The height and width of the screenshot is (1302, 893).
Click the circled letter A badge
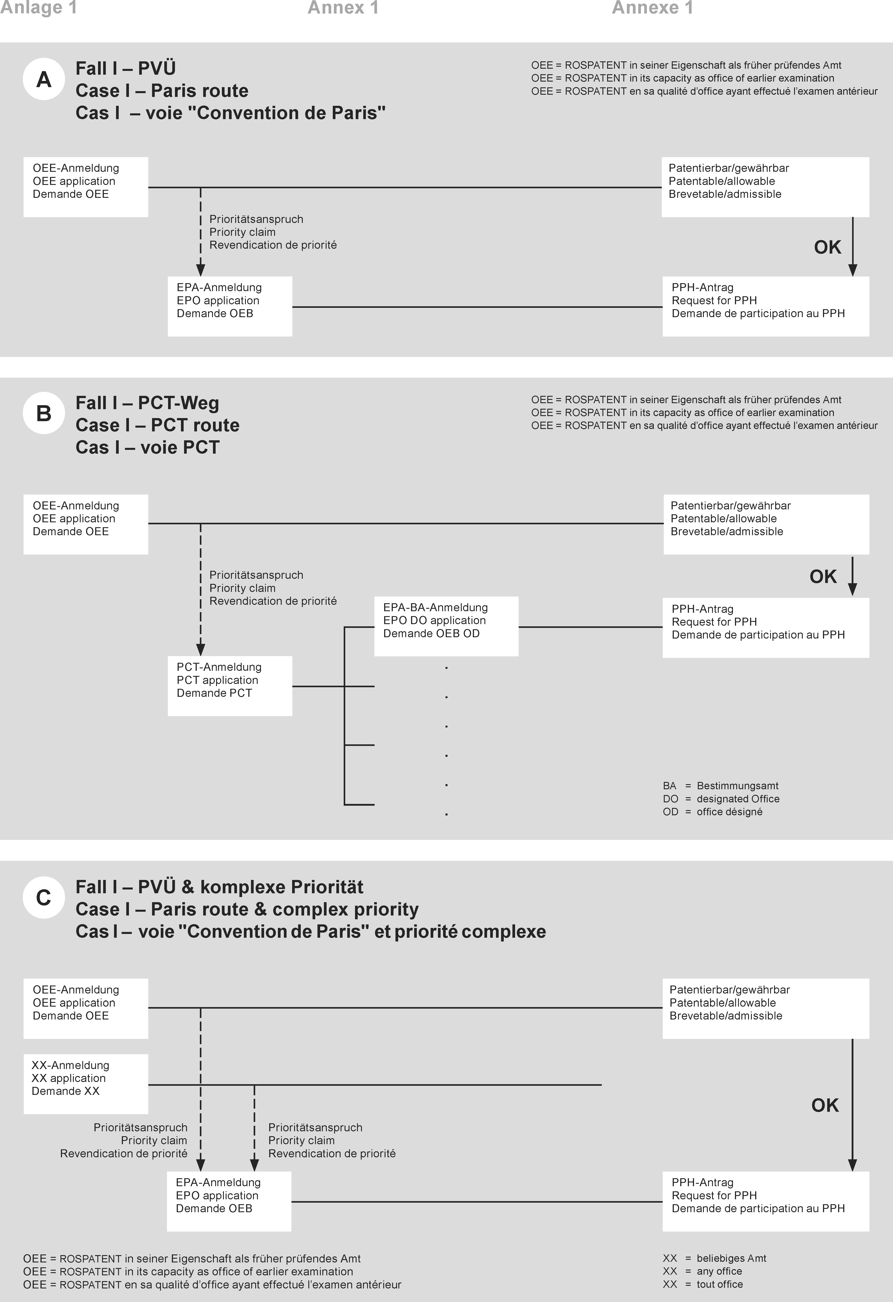(x=44, y=80)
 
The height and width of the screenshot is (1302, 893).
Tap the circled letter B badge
(x=44, y=413)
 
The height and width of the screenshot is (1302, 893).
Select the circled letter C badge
(x=44, y=897)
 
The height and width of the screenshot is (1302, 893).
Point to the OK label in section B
(x=822, y=577)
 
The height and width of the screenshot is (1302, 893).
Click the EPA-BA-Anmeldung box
(x=446, y=626)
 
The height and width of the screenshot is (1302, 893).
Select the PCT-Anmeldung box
(x=230, y=686)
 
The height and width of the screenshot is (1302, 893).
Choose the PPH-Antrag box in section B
(x=765, y=627)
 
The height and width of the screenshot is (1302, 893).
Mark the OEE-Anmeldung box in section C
(x=86, y=1008)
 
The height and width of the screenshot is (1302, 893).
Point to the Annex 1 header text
(x=343, y=8)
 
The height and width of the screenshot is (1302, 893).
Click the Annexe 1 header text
(x=652, y=8)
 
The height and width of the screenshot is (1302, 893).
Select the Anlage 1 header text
(x=38, y=8)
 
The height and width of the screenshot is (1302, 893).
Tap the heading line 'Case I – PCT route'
(x=157, y=425)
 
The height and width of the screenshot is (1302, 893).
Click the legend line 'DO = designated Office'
(x=721, y=799)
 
